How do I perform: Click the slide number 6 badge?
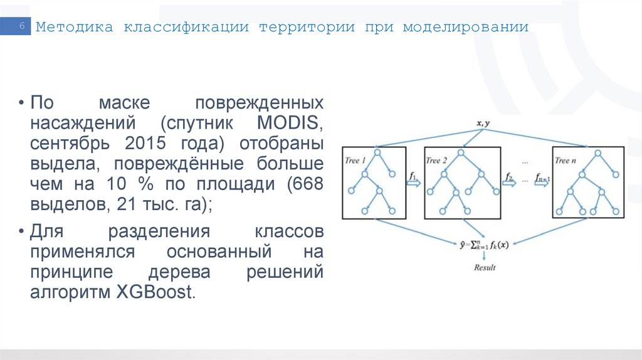click(22, 27)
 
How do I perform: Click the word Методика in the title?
click(73, 28)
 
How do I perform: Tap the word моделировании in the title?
click(465, 28)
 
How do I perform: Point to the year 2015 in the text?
click(145, 142)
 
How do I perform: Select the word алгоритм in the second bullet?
click(68, 293)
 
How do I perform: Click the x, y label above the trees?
click(483, 124)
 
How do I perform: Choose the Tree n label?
click(566, 161)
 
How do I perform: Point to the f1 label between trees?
click(413, 177)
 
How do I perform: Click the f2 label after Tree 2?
click(509, 177)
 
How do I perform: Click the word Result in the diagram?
click(484, 267)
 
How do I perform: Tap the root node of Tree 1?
click(377, 152)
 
